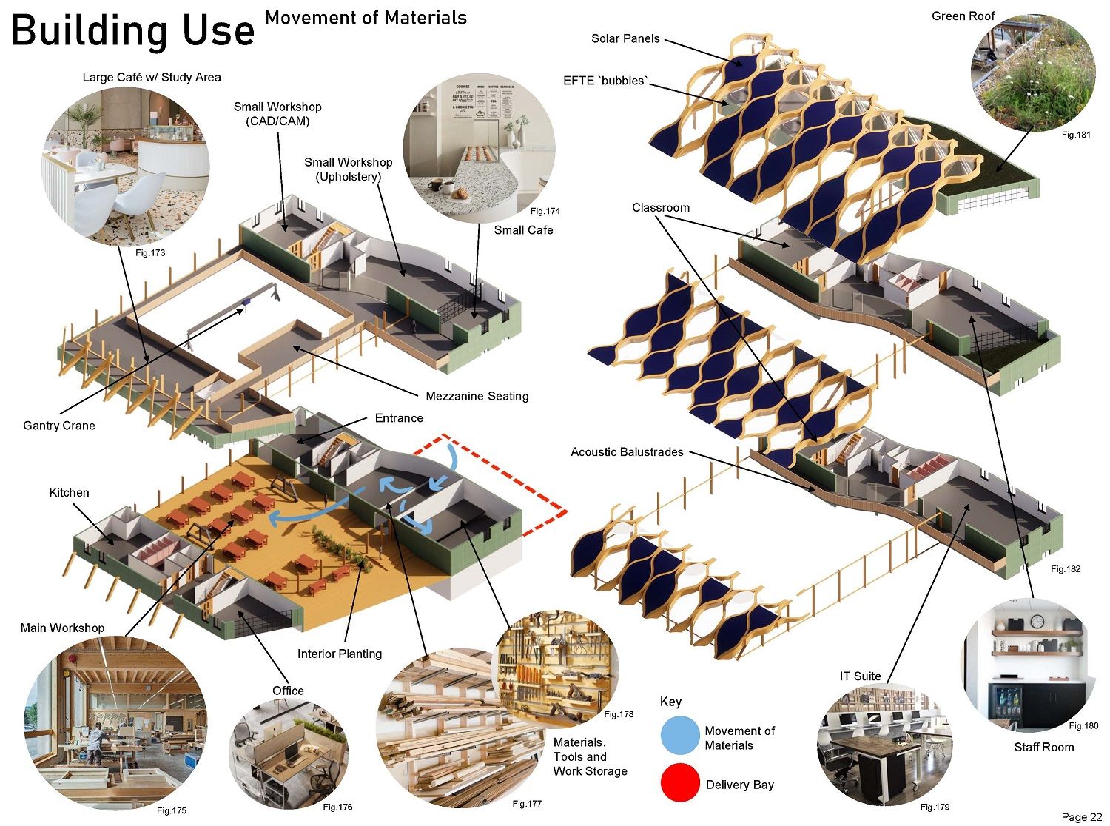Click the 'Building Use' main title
coord(133,31)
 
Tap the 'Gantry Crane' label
coord(59,426)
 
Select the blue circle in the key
coord(679,736)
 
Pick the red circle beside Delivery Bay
coord(679,783)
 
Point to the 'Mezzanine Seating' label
coord(477,396)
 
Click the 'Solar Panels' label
coord(625,38)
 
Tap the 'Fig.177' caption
coord(527,804)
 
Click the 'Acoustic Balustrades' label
coord(627,451)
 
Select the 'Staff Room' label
coord(1043,747)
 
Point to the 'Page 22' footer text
coord(1081,817)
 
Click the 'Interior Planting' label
coord(340,654)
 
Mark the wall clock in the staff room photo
coord(1037,621)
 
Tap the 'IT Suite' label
coord(860,676)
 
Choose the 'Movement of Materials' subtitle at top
coord(366,18)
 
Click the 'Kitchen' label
coord(69,492)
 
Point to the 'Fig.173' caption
coord(150,252)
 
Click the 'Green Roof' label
coord(963,16)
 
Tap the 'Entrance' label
coord(399,418)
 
